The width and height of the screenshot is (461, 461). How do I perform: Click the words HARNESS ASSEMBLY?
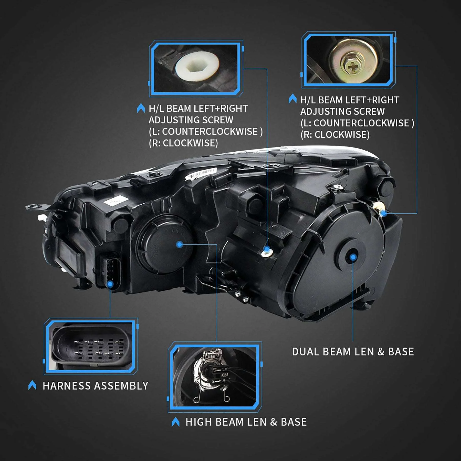point(95,386)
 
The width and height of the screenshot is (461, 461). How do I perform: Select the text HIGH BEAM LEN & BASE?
point(246,422)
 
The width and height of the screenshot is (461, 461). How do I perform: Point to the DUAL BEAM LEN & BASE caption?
point(353,352)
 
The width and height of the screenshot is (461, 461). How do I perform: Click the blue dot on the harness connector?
point(110,284)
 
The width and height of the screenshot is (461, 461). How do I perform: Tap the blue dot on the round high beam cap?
point(180,245)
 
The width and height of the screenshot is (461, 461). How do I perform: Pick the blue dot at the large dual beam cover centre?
point(353,257)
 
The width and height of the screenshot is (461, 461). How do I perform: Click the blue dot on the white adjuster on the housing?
point(267,249)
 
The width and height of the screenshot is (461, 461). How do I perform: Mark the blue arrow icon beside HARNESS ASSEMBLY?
point(32,385)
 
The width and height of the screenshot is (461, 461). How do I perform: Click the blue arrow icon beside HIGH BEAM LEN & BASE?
point(175,422)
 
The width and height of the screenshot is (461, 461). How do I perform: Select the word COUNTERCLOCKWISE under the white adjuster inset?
point(210,132)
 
